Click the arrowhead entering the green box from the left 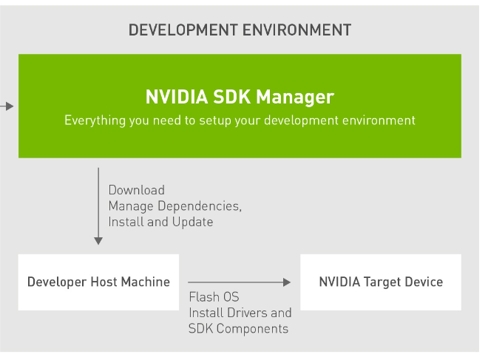coord(10,106)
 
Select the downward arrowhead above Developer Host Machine coord(98,240)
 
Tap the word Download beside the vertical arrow coord(137,191)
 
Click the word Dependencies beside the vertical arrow coord(197,206)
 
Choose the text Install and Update coord(160,222)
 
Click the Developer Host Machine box coord(98,282)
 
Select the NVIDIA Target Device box coord(381,282)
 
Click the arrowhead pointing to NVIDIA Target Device coord(286,282)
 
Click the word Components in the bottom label coord(251,328)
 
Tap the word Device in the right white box coord(424,282)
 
